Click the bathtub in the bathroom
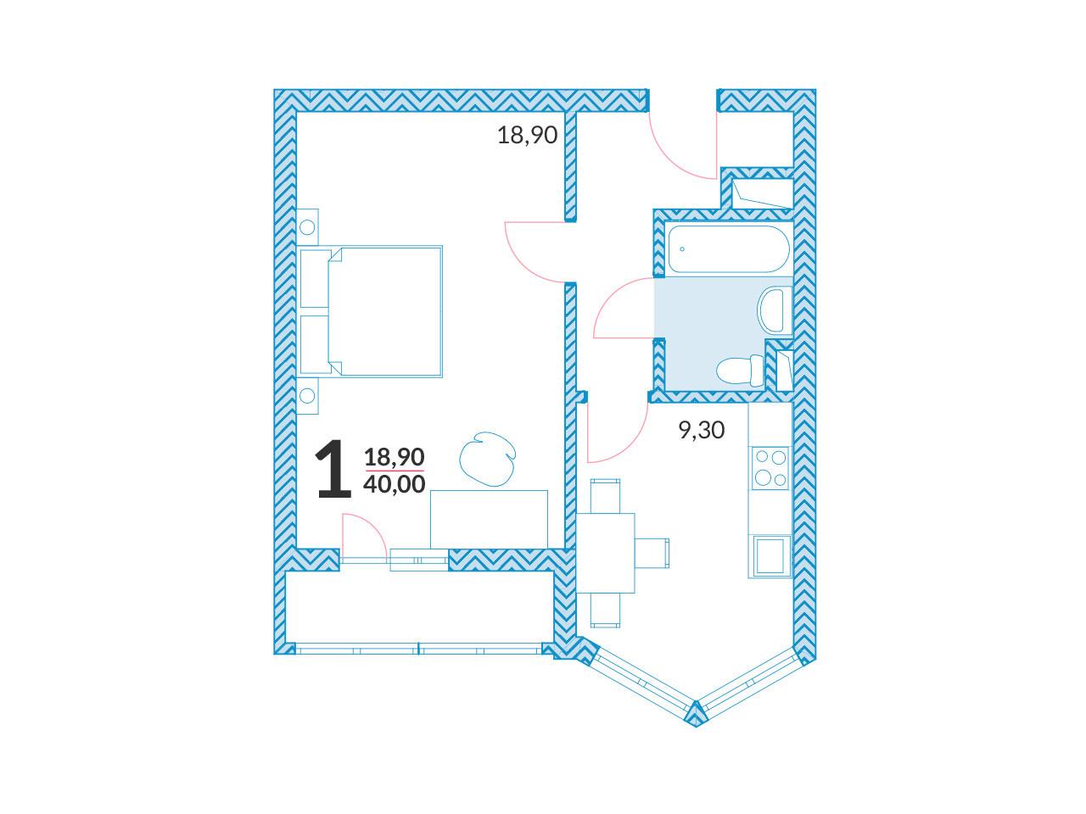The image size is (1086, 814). (x=728, y=249)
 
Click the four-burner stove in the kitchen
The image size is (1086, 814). (x=770, y=468)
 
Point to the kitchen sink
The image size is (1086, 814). (x=770, y=556)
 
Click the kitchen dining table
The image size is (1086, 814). (x=606, y=553)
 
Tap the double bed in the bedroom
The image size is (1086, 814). (x=371, y=311)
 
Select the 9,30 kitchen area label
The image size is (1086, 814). (x=702, y=430)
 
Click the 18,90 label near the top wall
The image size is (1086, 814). (x=528, y=135)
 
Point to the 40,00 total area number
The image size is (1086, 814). (x=395, y=484)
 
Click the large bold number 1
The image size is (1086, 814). (x=334, y=468)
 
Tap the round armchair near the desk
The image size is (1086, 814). (x=487, y=460)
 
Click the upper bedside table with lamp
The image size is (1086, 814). (x=307, y=227)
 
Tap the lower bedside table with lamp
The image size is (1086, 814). (x=307, y=395)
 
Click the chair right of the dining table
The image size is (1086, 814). (x=652, y=553)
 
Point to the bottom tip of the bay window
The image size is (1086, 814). (x=696, y=727)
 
